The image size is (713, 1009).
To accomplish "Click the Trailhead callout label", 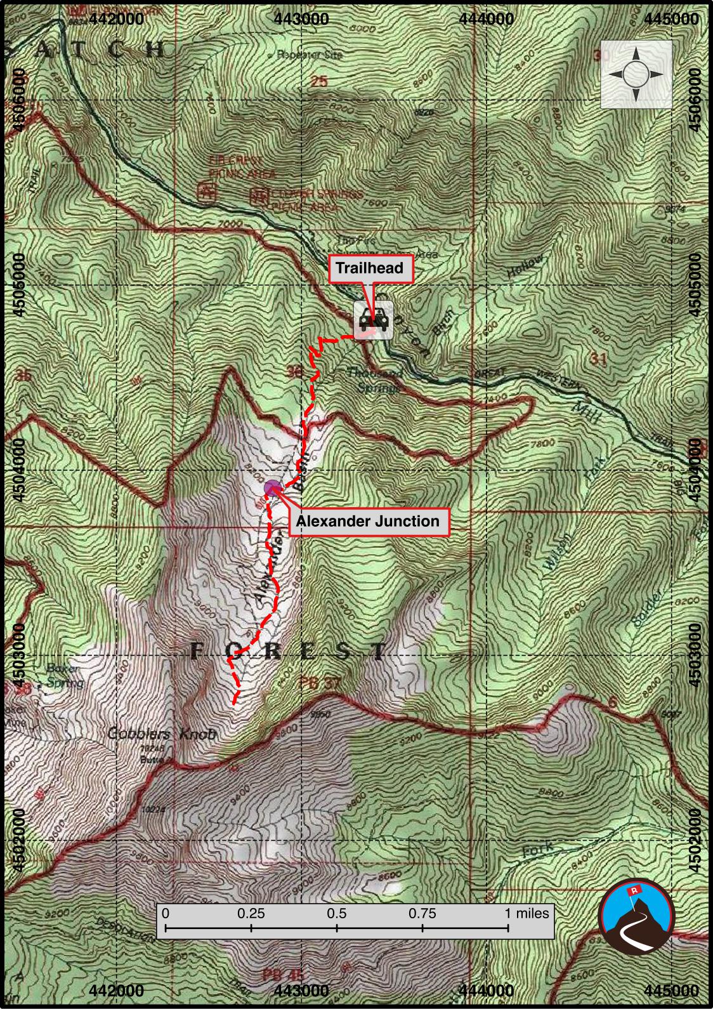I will [x=369, y=268].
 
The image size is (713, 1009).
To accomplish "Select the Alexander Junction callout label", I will [x=368, y=522].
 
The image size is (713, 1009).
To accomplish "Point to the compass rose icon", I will [x=636, y=74].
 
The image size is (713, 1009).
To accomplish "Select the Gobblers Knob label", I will [x=162, y=734].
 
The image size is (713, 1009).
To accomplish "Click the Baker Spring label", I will [x=64, y=676].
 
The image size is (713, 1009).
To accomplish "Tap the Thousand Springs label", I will [x=376, y=379].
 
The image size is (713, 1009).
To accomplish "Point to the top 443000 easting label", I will [x=303, y=18].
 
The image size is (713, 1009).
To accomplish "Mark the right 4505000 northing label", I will [x=696, y=284].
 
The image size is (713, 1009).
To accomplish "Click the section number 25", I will [x=320, y=81].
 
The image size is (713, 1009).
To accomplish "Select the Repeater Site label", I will [x=309, y=55].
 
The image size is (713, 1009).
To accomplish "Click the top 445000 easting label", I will [x=671, y=18].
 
